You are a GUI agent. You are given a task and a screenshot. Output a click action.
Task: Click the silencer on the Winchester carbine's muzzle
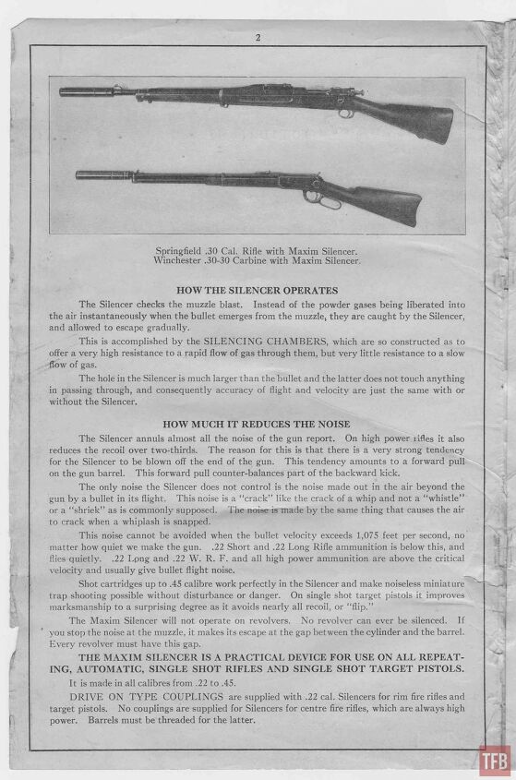(x=91, y=174)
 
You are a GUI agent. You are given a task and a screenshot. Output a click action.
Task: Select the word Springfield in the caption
(x=186, y=251)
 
